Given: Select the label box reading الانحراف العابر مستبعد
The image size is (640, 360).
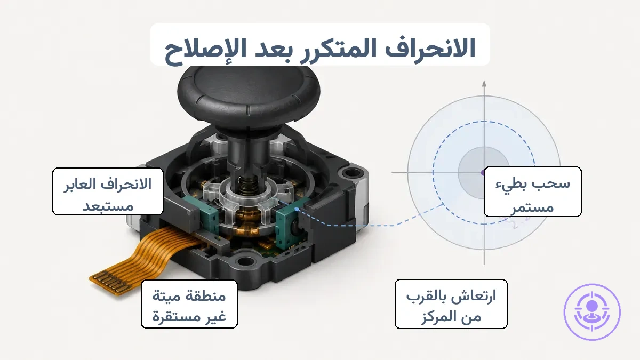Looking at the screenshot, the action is point(108,191).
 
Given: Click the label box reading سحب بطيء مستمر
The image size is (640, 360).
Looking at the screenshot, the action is point(533,191).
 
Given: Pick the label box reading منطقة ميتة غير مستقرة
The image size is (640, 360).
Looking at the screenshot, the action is point(189,303).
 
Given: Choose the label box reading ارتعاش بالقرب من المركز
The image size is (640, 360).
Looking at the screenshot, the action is point(451,304).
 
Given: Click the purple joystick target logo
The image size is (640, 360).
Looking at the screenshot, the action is point(592,312).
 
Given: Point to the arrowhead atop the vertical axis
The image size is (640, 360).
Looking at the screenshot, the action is point(484,84).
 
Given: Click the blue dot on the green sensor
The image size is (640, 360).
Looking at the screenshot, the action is point(297,210).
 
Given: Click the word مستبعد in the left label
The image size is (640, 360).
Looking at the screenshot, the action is point(108,206).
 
